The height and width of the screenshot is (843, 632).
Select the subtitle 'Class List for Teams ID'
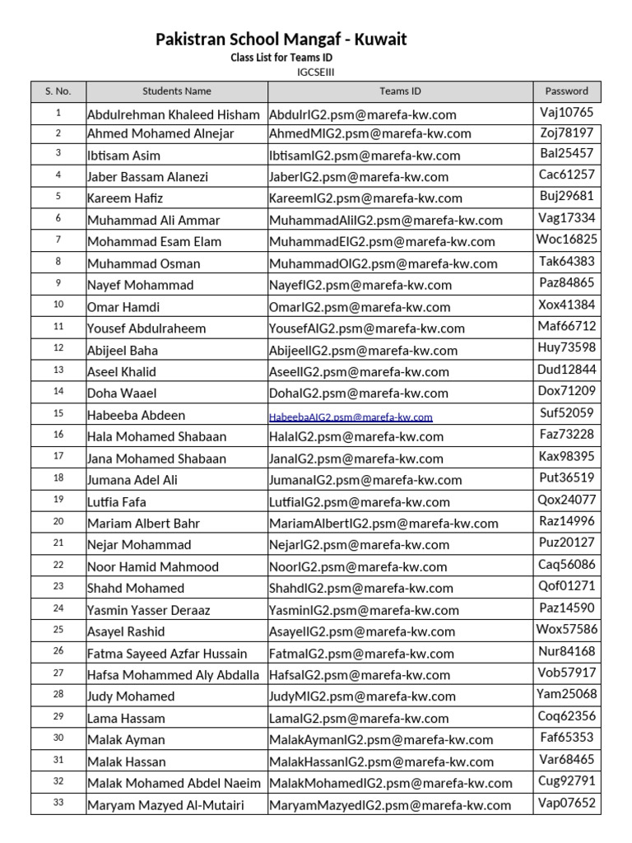(282, 58)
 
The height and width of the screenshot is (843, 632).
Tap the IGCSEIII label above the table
(315, 72)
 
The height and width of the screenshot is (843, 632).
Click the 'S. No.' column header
(58, 91)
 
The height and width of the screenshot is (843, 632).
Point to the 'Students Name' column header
(177, 91)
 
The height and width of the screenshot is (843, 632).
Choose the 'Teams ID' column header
(400, 91)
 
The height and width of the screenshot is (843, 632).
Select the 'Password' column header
(567, 91)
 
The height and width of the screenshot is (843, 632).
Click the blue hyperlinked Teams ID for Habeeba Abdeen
(351, 417)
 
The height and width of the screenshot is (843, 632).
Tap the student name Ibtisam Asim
(123, 156)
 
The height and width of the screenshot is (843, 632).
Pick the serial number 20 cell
(58, 521)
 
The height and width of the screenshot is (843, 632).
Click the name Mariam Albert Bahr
(143, 524)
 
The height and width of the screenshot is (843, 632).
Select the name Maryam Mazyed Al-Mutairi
(165, 806)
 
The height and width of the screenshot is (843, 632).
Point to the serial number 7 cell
(58, 240)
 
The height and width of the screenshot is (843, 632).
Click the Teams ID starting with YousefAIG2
(366, 328)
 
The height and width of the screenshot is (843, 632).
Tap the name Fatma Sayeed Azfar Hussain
(167, 654)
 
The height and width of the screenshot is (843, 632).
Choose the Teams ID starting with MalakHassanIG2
(381, 762)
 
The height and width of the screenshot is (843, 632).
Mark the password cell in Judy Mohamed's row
(567, 694)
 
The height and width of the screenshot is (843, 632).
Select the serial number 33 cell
(58, 803)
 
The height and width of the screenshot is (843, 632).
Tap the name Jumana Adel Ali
(132, 480)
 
